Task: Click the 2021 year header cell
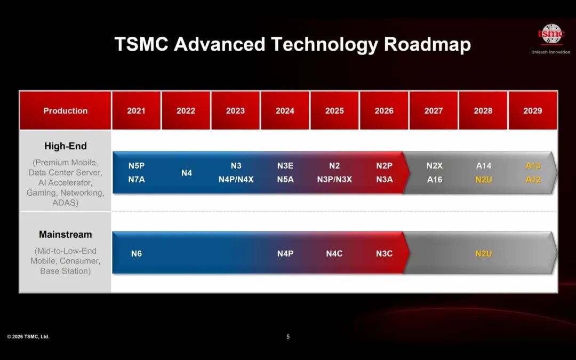click(137, 110)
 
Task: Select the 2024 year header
click(285, 110)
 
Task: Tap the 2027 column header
click(434, 110)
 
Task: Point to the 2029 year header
click(533, 110)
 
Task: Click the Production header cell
click(66, 110)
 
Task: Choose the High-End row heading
click(66, 146)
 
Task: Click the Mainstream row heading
click(66, 234)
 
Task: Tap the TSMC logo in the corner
click(550, 34)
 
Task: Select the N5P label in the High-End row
click(137, 166)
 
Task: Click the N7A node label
click(137, 179)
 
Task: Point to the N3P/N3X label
click(334, 179)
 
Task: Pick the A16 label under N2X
click(435, 179)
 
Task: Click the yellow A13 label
click(533, 166)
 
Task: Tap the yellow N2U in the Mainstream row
click(483, 253)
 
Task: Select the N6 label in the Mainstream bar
click(137, 253)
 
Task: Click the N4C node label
click(334, 253)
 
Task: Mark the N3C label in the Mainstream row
click(384, 253)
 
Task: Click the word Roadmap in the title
click(427, 44)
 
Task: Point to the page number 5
click(288, 337)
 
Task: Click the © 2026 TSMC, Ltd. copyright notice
click(28, 337)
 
